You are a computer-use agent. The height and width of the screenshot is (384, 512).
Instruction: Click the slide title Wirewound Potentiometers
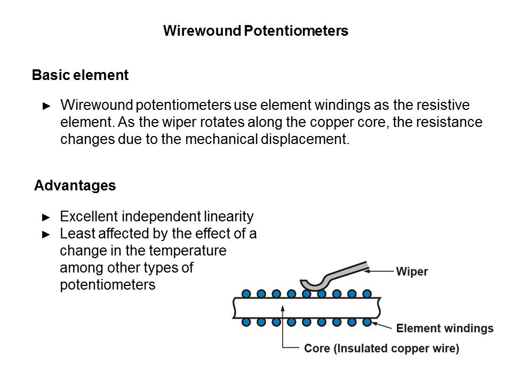point(255,31)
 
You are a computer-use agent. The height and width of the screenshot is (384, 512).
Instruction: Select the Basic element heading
point(80,75)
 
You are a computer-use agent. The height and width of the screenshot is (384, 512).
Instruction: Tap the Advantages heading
point(75,186)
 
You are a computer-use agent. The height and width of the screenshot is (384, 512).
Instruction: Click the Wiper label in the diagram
point(412,271)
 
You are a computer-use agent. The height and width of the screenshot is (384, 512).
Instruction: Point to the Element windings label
point(444,328)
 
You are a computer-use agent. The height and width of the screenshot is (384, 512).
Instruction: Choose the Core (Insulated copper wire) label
point(381,349)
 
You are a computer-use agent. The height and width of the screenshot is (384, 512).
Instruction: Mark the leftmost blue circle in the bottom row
point(246,323)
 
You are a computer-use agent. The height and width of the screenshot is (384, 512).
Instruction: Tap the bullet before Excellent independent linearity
point(46,217)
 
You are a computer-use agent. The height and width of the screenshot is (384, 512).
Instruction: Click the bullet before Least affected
point(46,234)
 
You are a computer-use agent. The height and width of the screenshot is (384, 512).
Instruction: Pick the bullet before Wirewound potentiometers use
point(46,106)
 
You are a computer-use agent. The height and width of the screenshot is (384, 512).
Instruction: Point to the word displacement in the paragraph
point(312,140)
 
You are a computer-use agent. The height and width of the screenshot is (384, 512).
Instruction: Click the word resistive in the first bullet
point(451,105)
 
